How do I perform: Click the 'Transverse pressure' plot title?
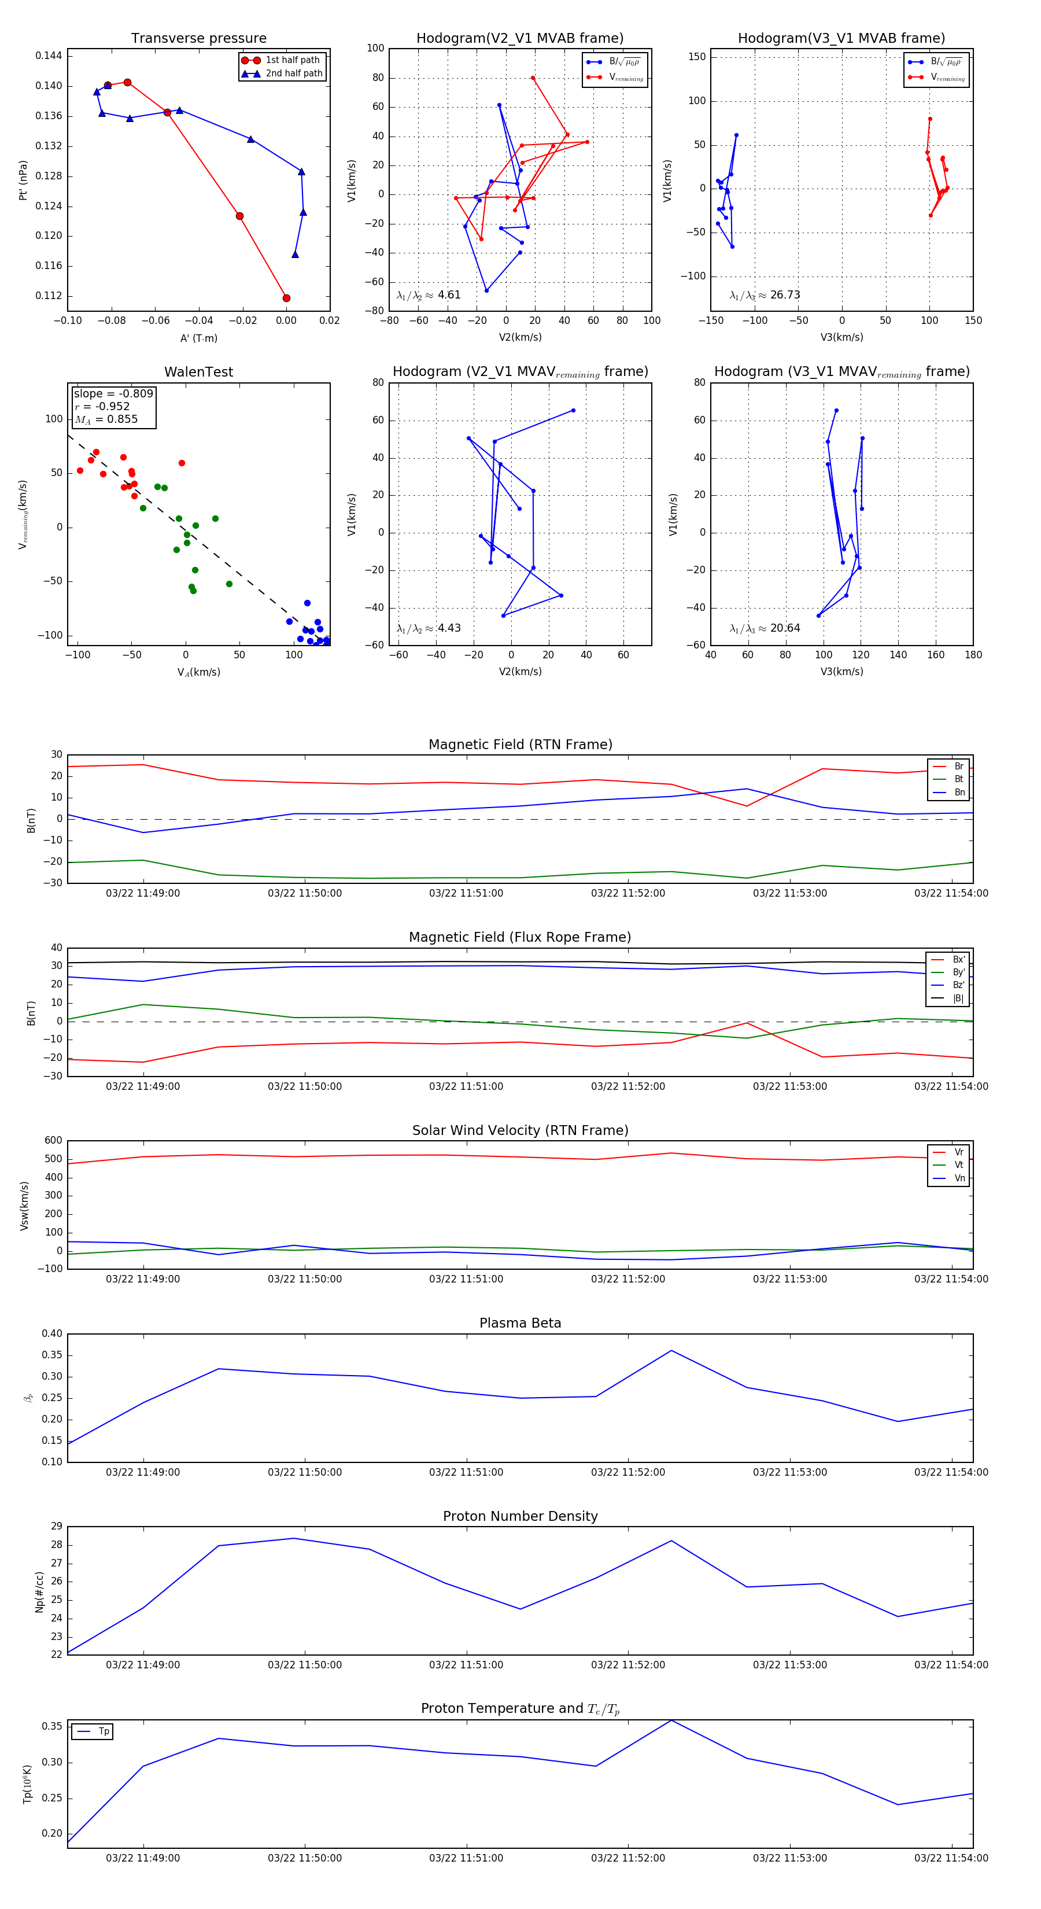(198, 39)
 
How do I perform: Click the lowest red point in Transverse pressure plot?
(286, 298)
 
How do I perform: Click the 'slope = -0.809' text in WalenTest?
(113, 393)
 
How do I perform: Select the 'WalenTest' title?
(198, 372)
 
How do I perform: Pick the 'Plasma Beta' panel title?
(520, 1323)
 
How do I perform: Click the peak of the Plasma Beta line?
(671, 1350)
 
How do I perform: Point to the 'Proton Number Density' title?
(520, 1516)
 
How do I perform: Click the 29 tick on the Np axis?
(56, 1527)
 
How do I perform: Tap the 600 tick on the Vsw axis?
(53, 1141)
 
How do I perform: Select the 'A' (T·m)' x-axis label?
(198, 338)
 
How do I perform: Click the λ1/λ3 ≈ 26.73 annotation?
(765, 295)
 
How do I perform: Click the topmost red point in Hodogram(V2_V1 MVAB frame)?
(533, 78)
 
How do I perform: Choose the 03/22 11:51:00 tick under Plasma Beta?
(466, 1472)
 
